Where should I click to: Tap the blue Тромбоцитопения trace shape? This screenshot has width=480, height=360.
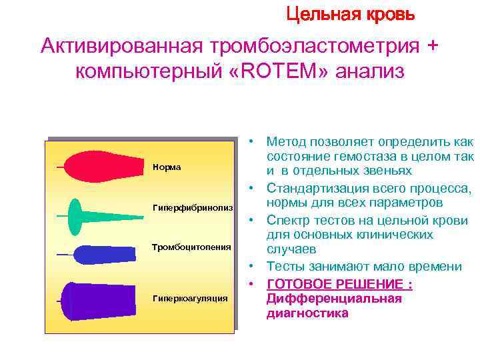click(100, 254)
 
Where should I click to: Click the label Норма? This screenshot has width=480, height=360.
click(167, 167)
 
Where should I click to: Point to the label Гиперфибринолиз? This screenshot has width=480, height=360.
click(193, 209)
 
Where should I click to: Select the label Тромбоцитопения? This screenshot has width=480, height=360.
click(192, 247)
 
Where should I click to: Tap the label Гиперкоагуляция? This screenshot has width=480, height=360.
click(190, 298)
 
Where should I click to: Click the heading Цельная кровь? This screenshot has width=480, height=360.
click(350, 13)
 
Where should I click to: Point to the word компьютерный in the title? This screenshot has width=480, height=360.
click(151, 71)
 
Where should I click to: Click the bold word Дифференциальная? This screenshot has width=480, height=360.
click(334, 299)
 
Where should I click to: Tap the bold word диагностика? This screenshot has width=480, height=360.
click(307, 313)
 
